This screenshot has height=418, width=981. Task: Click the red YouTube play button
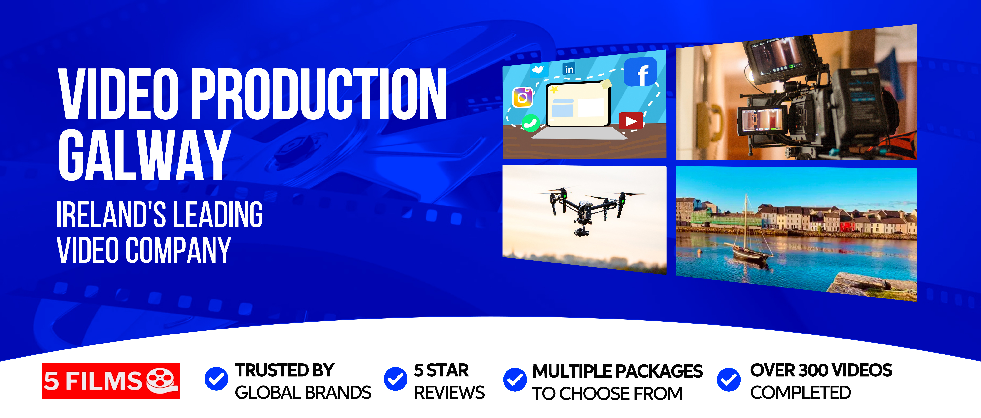point(631,121)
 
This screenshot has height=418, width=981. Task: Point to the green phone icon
point(530,123)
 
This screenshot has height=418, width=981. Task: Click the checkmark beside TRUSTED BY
point(216,379)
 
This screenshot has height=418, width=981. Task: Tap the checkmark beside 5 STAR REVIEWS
point(396,379)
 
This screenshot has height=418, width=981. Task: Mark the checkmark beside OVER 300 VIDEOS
point(728,380)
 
